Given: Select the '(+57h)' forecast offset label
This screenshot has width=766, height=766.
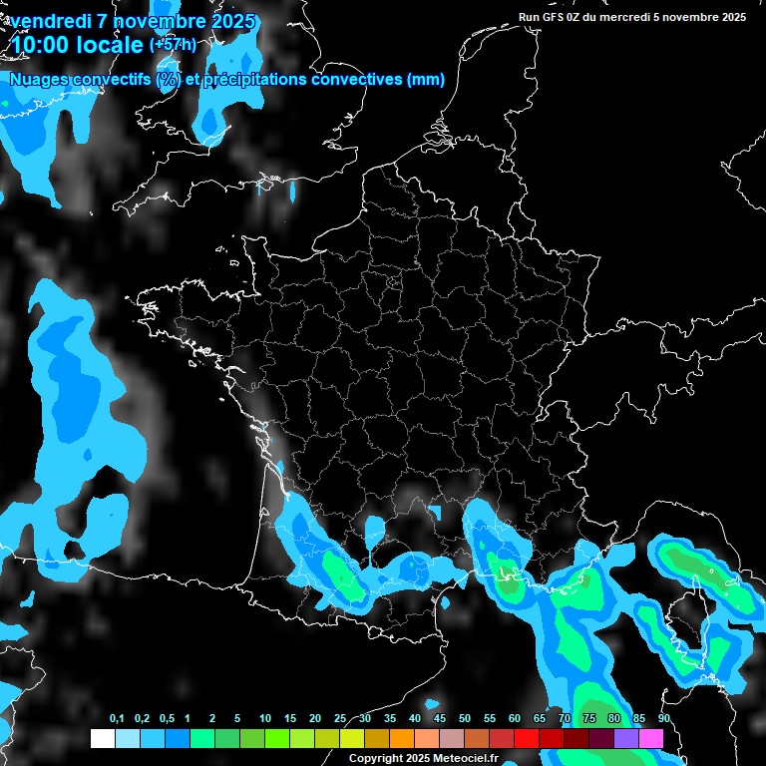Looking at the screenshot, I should click(173, 44).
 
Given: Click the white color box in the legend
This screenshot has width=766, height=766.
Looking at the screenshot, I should click(102, 738).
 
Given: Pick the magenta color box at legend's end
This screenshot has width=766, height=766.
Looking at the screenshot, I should click(650, 738).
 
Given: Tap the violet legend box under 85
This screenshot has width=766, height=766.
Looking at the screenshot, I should click(625, 738).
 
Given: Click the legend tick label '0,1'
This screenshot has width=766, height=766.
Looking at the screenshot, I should click(117, 719).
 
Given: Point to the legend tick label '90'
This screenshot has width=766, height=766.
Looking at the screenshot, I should click(663, 719).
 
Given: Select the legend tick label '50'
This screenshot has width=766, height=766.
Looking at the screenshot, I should click(465, 719).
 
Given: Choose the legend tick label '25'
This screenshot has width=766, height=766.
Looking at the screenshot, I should click(340, 719).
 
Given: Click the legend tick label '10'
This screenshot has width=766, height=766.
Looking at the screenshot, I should click(264, 719).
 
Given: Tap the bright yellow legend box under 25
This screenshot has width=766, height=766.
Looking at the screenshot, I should click(351, 738).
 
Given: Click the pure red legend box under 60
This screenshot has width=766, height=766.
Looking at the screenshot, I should click(526, 738).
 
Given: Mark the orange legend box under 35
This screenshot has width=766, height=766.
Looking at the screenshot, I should click(401, 738).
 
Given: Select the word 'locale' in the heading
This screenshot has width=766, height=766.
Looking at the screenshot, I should click(108, 46).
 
